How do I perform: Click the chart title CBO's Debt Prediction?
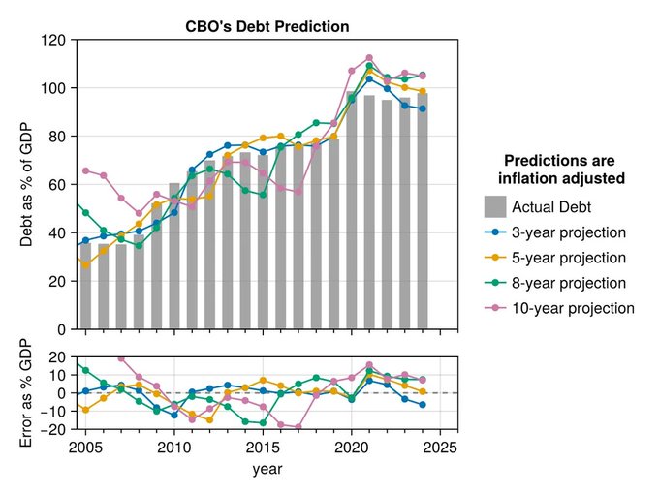267,27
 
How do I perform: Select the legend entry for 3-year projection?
569,232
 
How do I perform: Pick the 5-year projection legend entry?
569,258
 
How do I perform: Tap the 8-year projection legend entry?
569,283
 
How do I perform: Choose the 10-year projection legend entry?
572,308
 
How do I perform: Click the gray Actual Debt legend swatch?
495,206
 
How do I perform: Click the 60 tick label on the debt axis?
57,185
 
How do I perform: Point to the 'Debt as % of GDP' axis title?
27,184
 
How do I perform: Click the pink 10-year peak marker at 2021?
369,58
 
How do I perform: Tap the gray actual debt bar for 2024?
423,213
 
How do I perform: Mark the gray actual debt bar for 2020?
352,213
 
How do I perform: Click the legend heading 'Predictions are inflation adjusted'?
559,170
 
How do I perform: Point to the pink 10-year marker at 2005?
85,170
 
